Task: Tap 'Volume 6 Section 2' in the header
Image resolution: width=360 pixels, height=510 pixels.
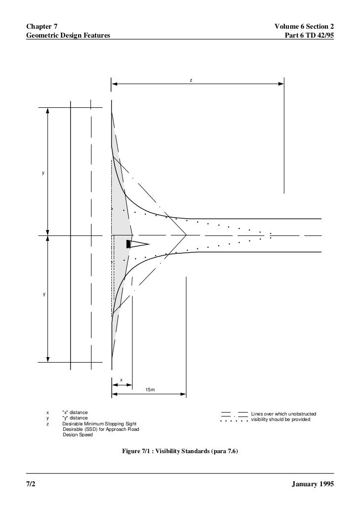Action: pos(304,25)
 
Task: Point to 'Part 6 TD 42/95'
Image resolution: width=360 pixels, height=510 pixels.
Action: pos(307,35)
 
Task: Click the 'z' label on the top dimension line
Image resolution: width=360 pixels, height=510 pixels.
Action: pos(191,79)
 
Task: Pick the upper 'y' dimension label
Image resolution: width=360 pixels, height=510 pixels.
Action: pos(43,174)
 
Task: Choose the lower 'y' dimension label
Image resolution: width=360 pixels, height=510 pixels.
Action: pos(44,294)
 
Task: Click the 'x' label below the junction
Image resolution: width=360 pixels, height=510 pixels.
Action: pos(121,380)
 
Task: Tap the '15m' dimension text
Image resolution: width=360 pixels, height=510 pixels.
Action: pos(150,390)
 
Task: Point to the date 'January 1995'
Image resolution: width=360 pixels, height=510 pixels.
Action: pos(314,483)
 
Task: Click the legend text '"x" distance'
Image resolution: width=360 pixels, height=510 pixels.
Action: pos(75,413)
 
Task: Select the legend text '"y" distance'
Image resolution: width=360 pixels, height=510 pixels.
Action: pos(75,418)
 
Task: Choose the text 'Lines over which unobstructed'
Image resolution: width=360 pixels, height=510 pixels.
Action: pos(283,414)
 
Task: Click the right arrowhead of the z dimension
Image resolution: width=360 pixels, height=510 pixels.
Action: pos(281,84)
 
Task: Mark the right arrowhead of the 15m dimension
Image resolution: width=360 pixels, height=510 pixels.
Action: pos(183,394)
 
